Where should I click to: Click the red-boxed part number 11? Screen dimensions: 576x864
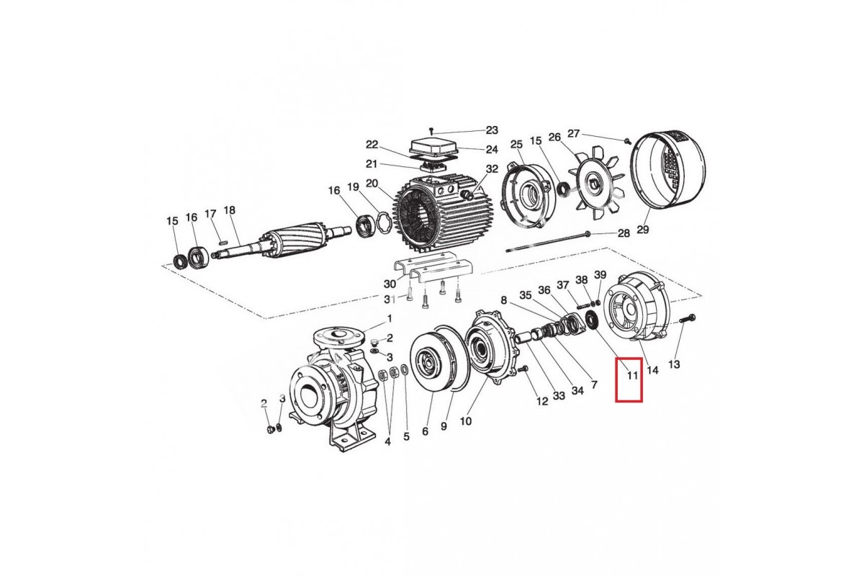tap(631, 375)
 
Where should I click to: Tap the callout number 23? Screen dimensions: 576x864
tap(492, 130)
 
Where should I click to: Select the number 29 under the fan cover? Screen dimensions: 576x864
tap(643, 230)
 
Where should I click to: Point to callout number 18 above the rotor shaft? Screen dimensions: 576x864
tap(230, 210)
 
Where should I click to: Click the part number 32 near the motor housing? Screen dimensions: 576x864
tap(492, 169)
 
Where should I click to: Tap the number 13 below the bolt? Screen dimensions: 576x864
tap(674, 364)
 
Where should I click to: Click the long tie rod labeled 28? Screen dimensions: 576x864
tap(547, 242)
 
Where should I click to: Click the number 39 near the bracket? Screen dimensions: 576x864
tap(600, 276)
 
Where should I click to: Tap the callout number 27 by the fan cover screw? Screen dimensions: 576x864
tap(574, 133)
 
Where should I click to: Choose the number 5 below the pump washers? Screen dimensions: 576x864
tap(406, 436)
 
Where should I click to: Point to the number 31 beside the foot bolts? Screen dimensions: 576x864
tap(389, 299)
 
